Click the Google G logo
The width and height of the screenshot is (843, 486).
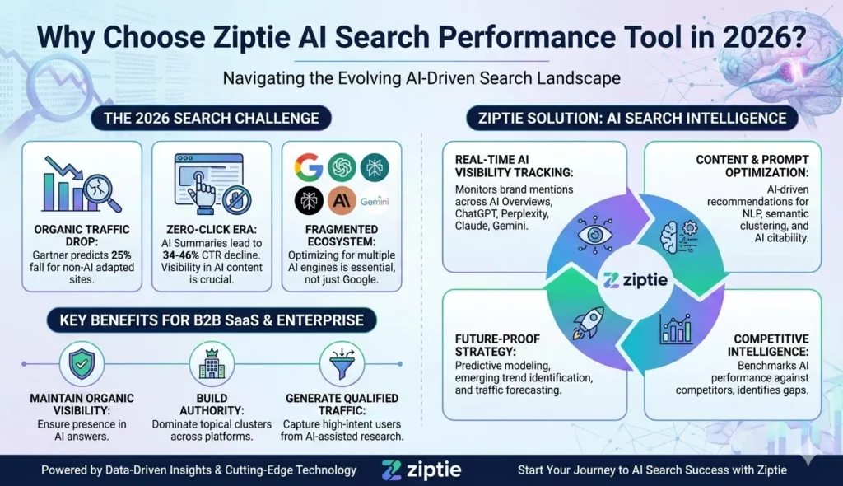(310, 167)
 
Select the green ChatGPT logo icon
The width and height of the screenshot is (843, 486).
(342, 167)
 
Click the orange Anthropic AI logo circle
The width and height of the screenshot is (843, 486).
(342, 201)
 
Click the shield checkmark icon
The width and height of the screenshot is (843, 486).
(81, 363)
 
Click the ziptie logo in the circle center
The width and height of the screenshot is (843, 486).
(635, 280)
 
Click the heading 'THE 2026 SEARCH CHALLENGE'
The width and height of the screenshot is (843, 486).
(211, 118)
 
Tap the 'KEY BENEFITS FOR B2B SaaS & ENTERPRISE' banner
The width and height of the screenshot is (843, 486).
(211, 318)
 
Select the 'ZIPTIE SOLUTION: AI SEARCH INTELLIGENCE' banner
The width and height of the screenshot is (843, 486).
(632, 118)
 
